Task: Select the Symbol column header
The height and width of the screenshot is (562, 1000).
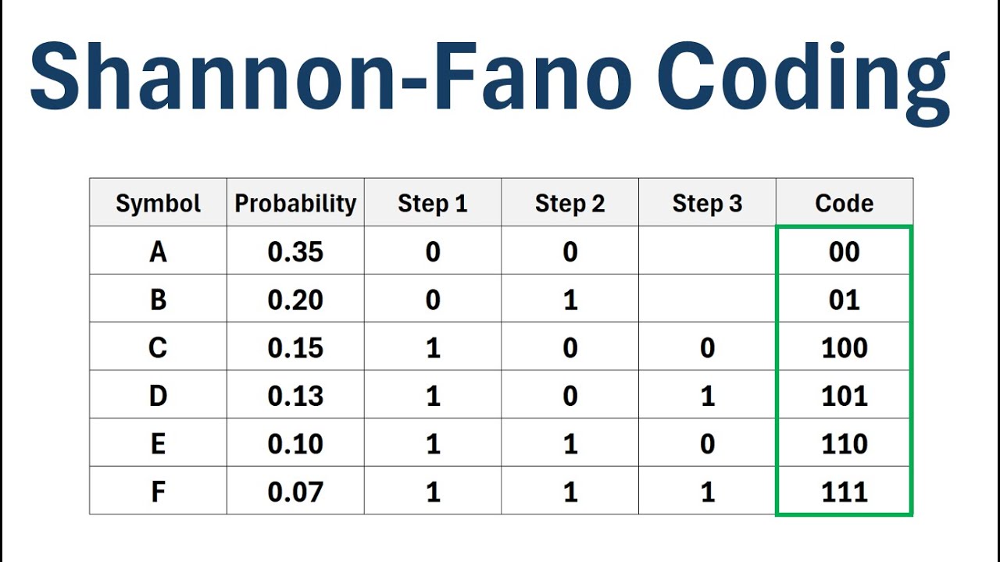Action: [x=158, y=204]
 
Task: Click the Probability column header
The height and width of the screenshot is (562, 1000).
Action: [x=295, y=204]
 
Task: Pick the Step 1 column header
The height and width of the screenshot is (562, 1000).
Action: [x=432, y=204]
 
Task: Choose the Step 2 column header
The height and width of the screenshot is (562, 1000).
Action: [x=570, y=204]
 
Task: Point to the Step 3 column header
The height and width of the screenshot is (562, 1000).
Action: [x=707, y=204]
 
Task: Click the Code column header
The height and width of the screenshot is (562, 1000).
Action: [x=844, y=204]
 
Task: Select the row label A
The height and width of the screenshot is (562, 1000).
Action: [x=158, y=252]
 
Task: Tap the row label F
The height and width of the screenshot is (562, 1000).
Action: [x=158, y=493]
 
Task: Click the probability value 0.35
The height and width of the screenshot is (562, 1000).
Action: [x=295, y=252]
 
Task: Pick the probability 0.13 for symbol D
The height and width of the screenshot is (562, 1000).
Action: [x=295, y=397]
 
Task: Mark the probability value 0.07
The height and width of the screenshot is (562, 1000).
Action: [x=295, y=493]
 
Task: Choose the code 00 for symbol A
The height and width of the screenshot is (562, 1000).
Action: [x=844, y=252]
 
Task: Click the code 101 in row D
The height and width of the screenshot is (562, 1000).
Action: [x=844, y=397]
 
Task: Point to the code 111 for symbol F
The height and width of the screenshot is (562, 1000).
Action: [x=844, y=493]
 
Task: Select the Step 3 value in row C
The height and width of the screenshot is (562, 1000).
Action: [x=707, y=348]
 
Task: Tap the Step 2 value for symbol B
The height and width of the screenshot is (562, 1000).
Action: [x=570, y=301]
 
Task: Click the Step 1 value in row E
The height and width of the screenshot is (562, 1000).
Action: [x=433, y=444]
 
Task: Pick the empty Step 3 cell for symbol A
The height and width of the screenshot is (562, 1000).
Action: [x=707, y=251]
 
